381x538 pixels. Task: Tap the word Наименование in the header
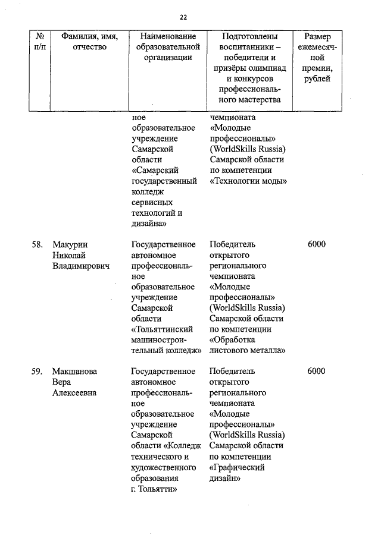[167, 36]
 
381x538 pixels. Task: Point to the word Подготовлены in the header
[249, 36]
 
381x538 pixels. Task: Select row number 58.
[37, 244]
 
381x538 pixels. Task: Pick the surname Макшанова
[74, 372]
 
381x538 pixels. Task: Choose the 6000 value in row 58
[317, 244]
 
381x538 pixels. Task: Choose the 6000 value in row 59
[317, 372]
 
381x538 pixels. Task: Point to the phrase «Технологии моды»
[249, 181]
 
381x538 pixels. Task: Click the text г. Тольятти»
[155, 489]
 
